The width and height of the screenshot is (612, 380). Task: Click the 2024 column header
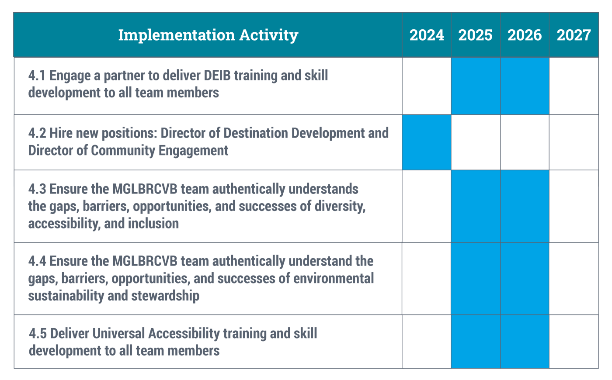click(427, 35)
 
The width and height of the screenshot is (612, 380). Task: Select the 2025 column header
click(476, 35)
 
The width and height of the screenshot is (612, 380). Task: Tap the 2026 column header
click(525, 35)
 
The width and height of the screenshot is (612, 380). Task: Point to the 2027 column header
click(574, 35)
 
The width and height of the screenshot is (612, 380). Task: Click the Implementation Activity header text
click(208, 35)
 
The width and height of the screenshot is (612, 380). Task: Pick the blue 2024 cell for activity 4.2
click(427, 142)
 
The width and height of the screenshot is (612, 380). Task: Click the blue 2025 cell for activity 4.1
click(476, 86)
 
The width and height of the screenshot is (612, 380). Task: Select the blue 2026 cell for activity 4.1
click(525, 86)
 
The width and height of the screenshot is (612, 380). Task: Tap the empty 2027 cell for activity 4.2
click(574, 142)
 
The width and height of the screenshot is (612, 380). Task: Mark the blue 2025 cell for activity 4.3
click(476, 206)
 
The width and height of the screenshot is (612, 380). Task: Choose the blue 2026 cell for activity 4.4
click(525, 279)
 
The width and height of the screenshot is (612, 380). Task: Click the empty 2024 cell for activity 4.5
click(427, 342)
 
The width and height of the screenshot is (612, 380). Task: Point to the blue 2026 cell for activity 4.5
click(525, 342)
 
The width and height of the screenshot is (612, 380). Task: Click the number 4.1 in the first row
click(37, 75)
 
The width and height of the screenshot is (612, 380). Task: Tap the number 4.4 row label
click(37, 261)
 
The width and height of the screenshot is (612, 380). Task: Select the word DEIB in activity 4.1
click(217, 75)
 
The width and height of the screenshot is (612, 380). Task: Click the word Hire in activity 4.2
click(61, 133)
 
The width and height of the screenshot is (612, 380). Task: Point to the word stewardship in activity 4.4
click(165, 296)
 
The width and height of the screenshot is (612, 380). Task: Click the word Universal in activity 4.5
click(118, 333)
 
